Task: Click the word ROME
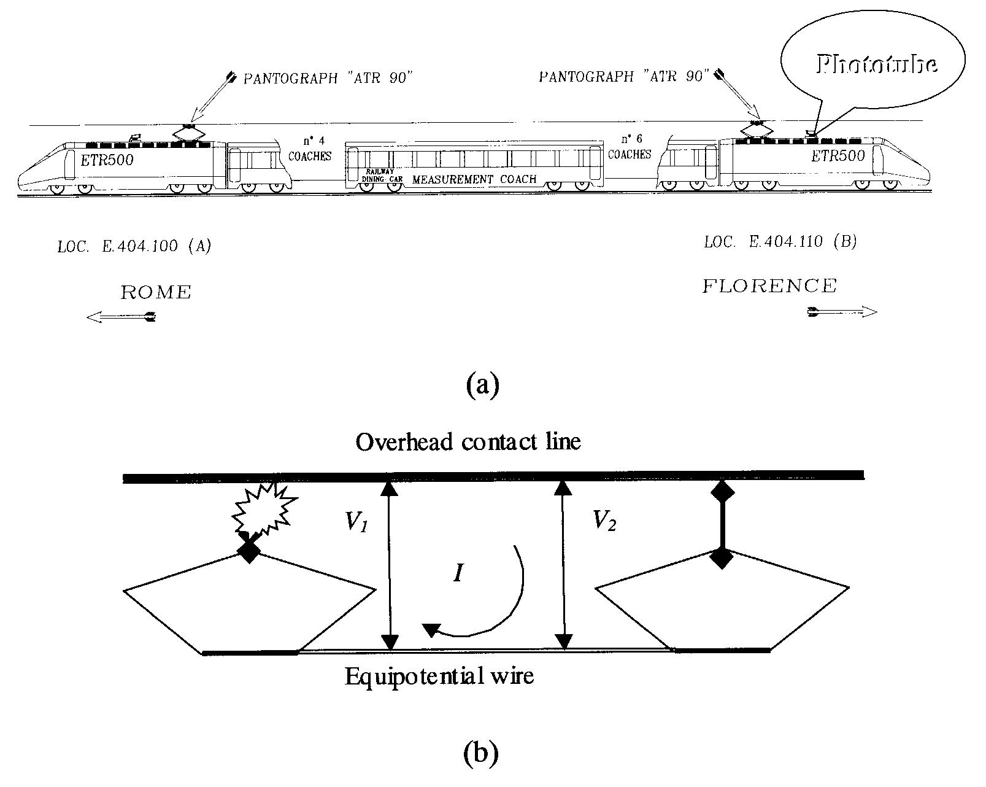tap(156, 293)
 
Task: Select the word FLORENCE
tap(769, 286)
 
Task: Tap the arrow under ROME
tap(121, 317)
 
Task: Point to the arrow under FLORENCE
tap(842, 312)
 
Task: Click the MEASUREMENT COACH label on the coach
tap(474, 179)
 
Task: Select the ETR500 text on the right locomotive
tap(838, 156)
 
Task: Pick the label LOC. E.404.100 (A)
tap(134, 247)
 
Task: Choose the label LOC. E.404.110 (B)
tap(780, 242)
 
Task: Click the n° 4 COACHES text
tap(310, 150)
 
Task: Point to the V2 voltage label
tap(604, 521)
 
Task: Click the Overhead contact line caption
tap(468, 441)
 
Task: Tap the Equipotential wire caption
tap(439, 677)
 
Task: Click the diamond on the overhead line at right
tap(722, 491)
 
